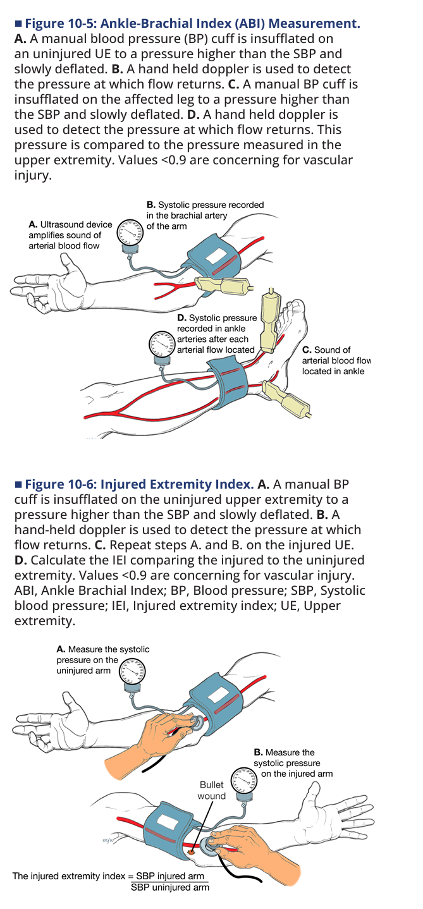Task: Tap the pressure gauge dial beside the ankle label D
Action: tap(162, 345)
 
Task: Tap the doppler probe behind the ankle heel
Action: tap(286, 399)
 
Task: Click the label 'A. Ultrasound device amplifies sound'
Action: tap(70, 235)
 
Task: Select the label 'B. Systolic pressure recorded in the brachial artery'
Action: tap(205, 216)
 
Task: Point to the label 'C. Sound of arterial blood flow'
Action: tap(336, 360)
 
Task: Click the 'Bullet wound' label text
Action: tap(211, 791)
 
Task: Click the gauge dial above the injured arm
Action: tap(244, 781)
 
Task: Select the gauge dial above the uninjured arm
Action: tap(132, 672)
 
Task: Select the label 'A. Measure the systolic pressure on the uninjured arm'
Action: tap(102, 660)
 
